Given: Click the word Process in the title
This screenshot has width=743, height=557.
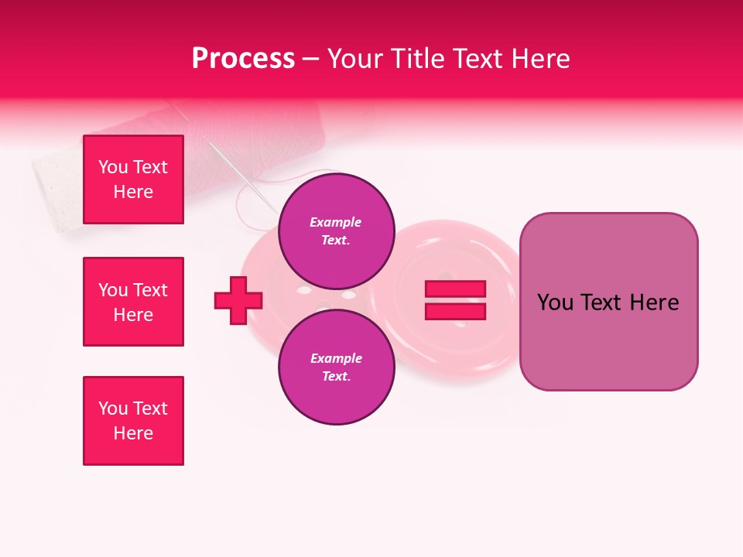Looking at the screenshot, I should [x=243, y=59].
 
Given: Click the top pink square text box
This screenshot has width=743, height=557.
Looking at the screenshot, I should [x=133, y=179].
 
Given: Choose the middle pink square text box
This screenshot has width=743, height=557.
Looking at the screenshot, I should [x=133, y=302].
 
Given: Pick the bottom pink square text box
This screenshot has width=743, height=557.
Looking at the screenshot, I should [x=133, y=421].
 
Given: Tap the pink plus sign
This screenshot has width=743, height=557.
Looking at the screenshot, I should [x=238, y=300].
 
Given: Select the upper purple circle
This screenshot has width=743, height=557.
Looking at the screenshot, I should [x=337, y=231].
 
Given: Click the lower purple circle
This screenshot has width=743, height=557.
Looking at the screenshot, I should [x=337, y=367].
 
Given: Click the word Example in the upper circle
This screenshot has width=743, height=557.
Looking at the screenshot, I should [x=335, y=222].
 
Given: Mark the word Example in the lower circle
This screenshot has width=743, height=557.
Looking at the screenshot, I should [x=336, y=358].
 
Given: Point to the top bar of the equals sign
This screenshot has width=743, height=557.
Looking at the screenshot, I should [x=455, y=289].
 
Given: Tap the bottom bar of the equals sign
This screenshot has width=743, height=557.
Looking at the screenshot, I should [x=455, y=312].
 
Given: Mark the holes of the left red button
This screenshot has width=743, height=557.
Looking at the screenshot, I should [x=325, y=295].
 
